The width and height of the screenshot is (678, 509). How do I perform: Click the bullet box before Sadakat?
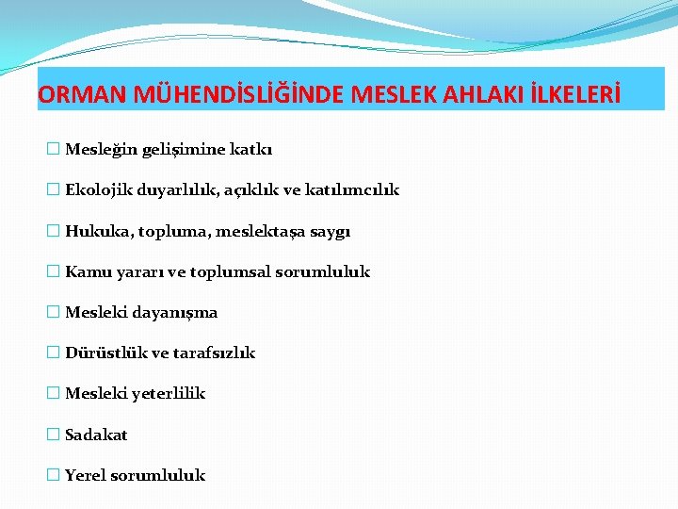pyautogui.click(x=53, y=435)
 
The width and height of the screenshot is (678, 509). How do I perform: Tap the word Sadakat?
pyautogui.click(x=96, y=435)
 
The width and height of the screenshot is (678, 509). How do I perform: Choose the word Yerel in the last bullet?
pyautogui.click(x=86, y=475)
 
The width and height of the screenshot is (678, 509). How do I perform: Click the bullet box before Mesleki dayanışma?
pyautogui.click(x=53, y=312)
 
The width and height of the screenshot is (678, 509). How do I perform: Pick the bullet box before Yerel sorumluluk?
pyautogui.click(x=53, y=475)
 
